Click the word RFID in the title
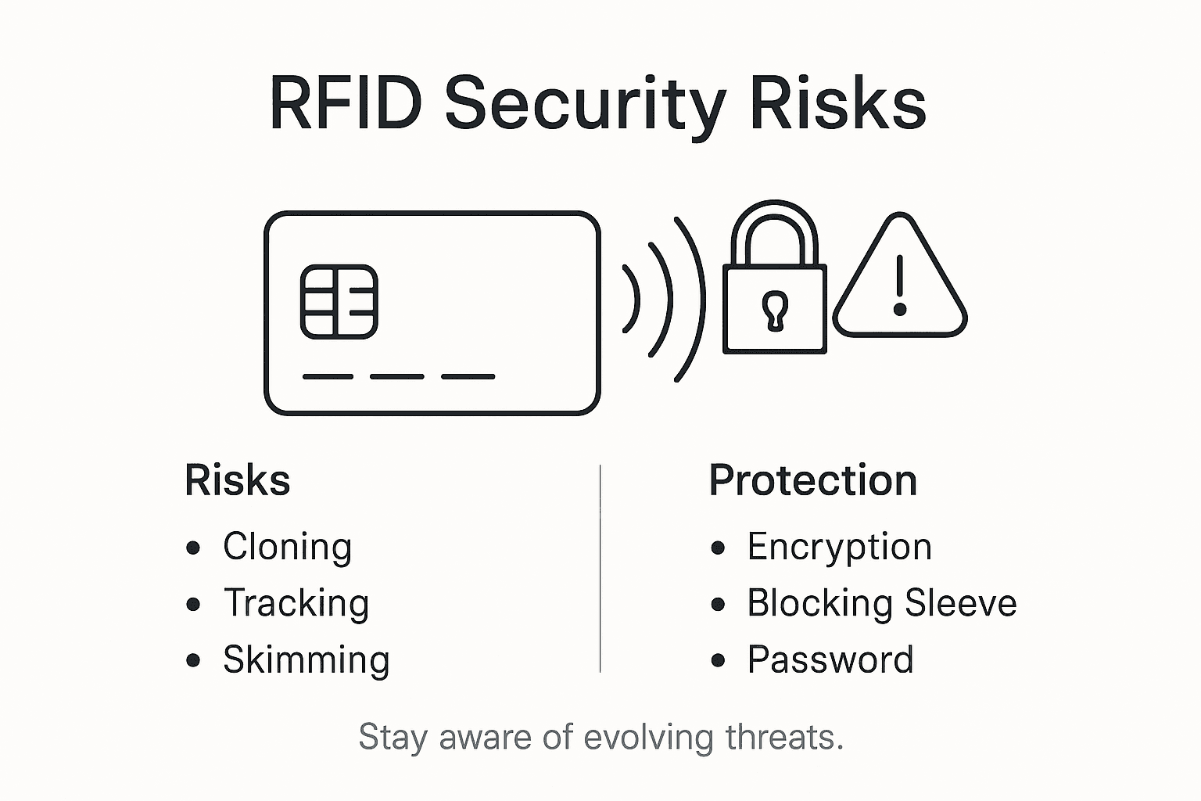coord(345,104)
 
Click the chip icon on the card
coord(339,301)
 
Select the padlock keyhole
coord(774,310)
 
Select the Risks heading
coord(237,480)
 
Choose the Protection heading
coord(812,480)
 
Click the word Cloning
coord(287,547)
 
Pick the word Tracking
coord(296,603)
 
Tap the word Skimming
coord(306,659)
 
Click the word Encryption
coord(839,547)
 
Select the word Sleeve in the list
coord(960,603)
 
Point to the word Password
coord(830,659)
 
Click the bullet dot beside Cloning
coord(193,548)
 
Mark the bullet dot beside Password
coord(718,660)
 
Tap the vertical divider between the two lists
coord(600,569)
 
